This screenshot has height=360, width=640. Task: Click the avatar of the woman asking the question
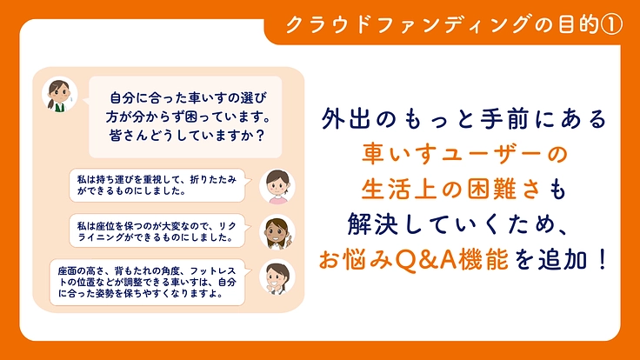(x=58, y=95)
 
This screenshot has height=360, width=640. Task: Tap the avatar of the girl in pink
(x=277, y=184)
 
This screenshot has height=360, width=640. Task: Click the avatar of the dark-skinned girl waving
(x=278, y=230)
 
